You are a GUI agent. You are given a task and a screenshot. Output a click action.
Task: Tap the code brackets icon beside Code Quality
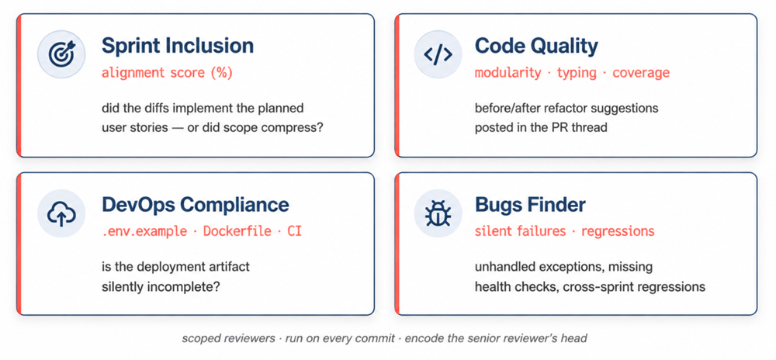coord(438,54)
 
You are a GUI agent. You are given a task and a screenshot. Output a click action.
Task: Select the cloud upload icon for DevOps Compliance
coord(61,213)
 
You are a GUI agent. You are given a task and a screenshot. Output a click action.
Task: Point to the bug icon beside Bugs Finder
coord(438,213)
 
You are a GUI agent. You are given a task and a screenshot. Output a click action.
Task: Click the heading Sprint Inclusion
coord(178,46)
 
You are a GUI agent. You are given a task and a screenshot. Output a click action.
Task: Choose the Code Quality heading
coord(536,46)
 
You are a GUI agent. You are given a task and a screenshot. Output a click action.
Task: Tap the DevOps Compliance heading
coord(196,205)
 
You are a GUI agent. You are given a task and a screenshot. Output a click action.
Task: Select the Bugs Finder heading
coord(531,205)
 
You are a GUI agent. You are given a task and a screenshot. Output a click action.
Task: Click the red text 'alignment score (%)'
coord(167,73)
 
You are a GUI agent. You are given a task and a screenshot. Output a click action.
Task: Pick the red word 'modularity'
coord(508,73)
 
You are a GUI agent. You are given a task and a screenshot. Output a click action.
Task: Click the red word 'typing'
coord(577,73)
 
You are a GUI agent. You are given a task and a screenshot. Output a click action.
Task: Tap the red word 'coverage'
coord(641,73)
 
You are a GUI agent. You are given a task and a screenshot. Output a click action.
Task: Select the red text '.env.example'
coord(144,231)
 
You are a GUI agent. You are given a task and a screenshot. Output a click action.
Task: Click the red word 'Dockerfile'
coord(237,231)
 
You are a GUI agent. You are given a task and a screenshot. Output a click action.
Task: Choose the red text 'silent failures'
coord(520,231)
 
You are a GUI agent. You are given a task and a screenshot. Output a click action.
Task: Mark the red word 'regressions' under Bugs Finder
coord(618,231)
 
